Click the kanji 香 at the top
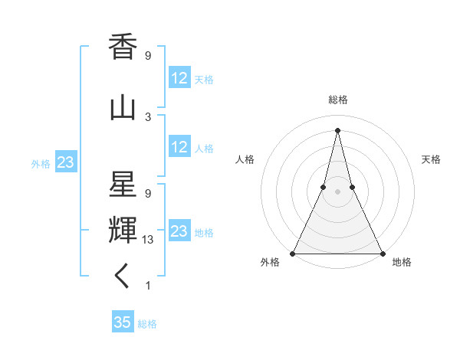point(123,47)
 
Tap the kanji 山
point(123,108)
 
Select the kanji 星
point(123,185)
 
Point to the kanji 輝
point(123,229)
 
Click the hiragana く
point(123,276)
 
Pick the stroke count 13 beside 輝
point(148,240)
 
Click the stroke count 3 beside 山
point(148,117)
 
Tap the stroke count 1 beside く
point(148,286)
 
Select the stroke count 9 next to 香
point(148,56)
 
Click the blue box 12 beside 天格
point(179,78)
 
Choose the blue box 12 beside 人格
point(179,147)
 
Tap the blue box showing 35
point(123,322)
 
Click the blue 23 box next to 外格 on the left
point(65,162)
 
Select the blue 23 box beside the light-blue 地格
point(179,231)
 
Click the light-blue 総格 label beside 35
point(148,324)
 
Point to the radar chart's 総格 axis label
point(337,100)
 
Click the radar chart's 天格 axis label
point(431,159)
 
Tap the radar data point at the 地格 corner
point(381,253)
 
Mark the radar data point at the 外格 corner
point(293,253)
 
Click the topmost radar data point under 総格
point(337,129)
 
